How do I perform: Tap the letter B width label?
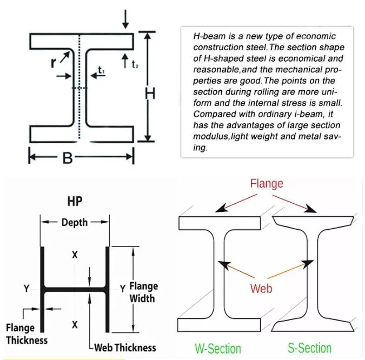tap(67, 158)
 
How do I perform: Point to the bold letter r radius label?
tap(54, 62)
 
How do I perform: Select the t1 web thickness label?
tap(101, 70)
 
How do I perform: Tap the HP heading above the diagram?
tap(75, 201)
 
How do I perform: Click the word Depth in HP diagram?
tap(75, 222)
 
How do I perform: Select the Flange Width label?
tap(143, 292)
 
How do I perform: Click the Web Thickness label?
tap(125, 348)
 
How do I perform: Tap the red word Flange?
tap(266, 184)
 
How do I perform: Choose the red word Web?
tap(261, 288)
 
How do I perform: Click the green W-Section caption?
tap(217, 347)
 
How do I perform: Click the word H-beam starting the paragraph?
tap(208, 36)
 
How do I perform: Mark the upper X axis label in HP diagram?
tap(75, 254)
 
